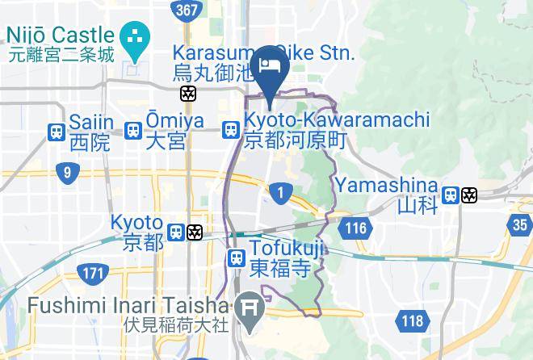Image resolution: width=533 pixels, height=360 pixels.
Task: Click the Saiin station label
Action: (89, 132)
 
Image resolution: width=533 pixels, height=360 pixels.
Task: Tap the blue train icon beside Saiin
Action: (56, 132)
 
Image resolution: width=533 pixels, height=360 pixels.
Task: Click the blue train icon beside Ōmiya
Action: (134, 130)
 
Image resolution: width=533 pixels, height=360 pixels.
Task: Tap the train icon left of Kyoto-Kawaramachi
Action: (231, 129)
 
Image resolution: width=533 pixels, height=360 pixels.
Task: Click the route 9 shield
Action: (67, 171)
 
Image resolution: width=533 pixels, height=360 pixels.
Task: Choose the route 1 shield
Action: (280, 192)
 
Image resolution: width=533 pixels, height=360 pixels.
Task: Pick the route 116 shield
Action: (355, 229)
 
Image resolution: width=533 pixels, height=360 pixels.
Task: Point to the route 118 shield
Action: (411, 321)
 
